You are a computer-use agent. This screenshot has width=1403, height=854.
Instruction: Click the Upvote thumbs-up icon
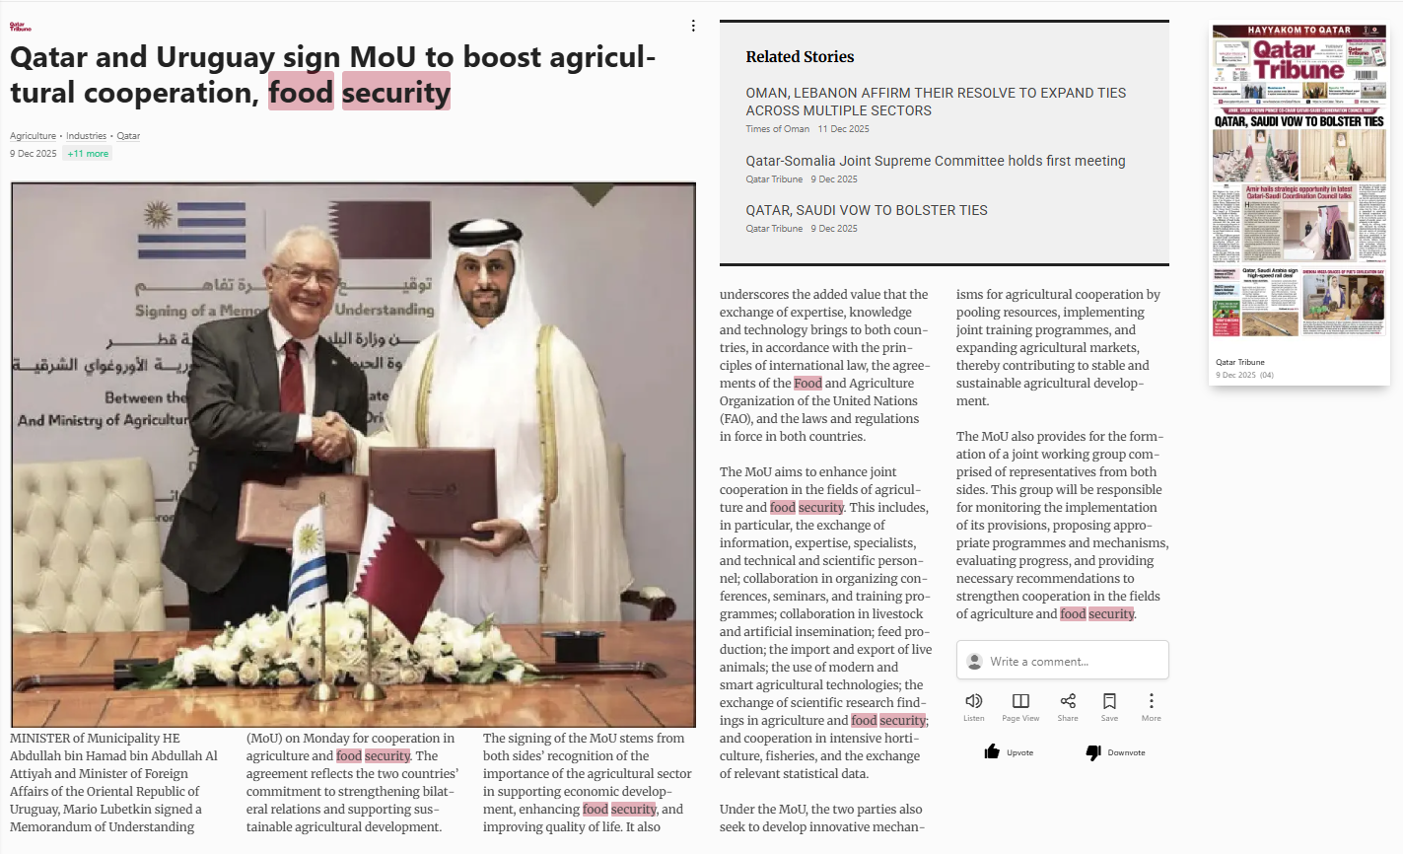click(992, 752)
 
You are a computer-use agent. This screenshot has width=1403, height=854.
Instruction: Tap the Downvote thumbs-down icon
click(1093, 752)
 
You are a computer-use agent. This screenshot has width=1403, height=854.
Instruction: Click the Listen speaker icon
click(973, 701)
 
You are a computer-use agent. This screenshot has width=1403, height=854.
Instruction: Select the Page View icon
click(1020, 701)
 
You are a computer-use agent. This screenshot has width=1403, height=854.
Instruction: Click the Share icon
click(1068, 701)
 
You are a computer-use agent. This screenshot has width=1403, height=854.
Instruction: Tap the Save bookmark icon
click(1109, 701)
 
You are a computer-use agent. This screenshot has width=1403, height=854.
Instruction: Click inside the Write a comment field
click(1062, 661)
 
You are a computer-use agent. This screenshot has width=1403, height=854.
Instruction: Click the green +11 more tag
click(88, 154)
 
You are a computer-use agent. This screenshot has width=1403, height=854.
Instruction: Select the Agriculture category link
click(33, 136)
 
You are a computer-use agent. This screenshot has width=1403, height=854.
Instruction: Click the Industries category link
click(86, 136)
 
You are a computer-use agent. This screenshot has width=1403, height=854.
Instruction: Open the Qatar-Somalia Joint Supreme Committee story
click(935, 161)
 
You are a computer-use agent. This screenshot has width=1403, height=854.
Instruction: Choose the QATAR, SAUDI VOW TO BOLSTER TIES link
click(866, 210)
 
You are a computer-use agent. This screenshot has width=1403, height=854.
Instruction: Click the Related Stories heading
click(800, 57)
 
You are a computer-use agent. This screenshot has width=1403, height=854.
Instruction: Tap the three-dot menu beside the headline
click(693, 26)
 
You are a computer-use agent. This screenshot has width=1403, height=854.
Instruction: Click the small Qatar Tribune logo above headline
click(20, 27)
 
